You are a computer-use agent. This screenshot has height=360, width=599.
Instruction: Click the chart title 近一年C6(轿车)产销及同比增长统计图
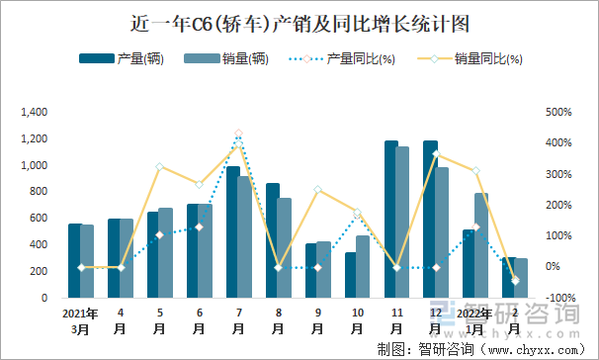click(299, 22)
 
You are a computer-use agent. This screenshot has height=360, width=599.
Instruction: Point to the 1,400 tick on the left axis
click(35, 112)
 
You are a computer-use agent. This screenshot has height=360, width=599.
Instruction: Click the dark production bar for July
click(233, 232)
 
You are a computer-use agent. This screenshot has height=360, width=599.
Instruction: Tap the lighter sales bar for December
click(442, 232)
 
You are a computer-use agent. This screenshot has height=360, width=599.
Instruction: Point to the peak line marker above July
click(238, 134)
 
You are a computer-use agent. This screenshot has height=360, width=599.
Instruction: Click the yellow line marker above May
click(159, 166)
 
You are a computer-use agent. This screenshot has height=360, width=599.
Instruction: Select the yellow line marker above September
click(317, 189)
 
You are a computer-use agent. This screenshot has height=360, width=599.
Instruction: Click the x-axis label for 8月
click(278, 320)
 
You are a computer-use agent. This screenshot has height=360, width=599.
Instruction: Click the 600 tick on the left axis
click(41, 218)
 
